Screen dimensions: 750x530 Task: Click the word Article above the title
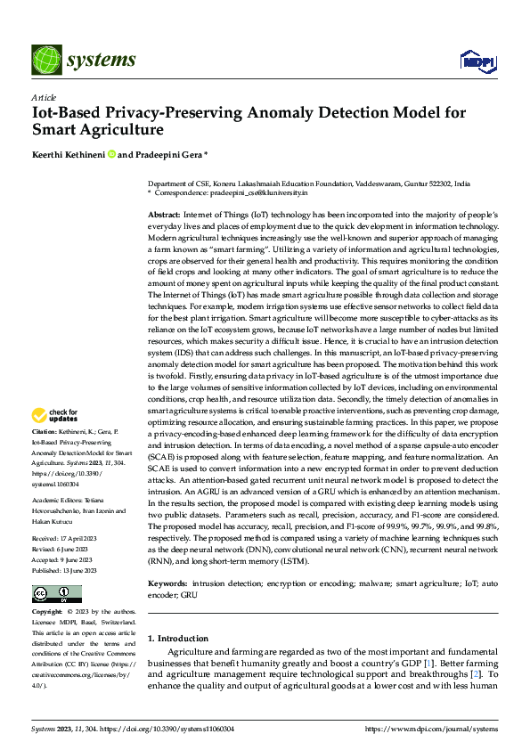coord(43,97)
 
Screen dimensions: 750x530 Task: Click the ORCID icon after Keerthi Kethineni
coord(112,153)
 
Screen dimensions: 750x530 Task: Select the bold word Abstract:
coord(164,216)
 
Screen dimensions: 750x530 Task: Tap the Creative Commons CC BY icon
coord(56,593)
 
